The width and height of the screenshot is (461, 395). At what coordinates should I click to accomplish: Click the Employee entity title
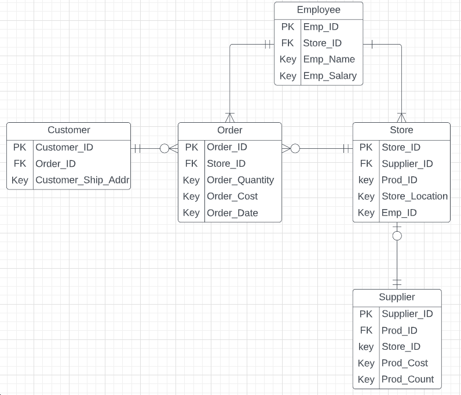[319, 10]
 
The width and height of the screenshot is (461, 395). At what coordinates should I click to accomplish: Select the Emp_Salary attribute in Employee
[330, 76]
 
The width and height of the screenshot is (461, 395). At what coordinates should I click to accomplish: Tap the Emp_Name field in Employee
[328, 59]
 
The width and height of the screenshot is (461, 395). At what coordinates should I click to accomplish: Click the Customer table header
[68, 130]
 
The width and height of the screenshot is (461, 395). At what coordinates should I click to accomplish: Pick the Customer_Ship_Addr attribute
[82, 180]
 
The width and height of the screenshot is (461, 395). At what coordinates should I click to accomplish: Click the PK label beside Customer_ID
[20, 147]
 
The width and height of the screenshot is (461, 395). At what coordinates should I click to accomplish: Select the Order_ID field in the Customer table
[56, 164]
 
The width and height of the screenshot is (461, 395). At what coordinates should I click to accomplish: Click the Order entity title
[229, 130]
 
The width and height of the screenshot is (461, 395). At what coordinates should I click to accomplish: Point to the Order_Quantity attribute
[240, 180]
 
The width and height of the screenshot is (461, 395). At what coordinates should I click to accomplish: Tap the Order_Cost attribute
[232, 196]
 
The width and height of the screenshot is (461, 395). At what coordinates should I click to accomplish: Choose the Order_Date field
[232, 213]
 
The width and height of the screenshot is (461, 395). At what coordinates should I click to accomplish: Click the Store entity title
[401, 130]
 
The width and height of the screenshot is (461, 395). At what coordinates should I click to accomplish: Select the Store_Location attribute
[414, 196]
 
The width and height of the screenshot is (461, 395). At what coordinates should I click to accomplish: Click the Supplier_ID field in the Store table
[407, 164]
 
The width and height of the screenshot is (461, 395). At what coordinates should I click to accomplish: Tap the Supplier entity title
[397, 297]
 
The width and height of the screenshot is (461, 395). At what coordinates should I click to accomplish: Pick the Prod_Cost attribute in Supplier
[404, 363]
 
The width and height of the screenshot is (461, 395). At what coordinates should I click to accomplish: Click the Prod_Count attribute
[407, 379]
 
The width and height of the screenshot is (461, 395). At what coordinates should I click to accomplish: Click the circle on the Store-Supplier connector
[397, 236]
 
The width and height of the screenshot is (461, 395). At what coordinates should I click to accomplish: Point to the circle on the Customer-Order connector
[164, 149]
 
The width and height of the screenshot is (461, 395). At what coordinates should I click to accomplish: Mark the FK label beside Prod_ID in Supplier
[366, 330]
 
